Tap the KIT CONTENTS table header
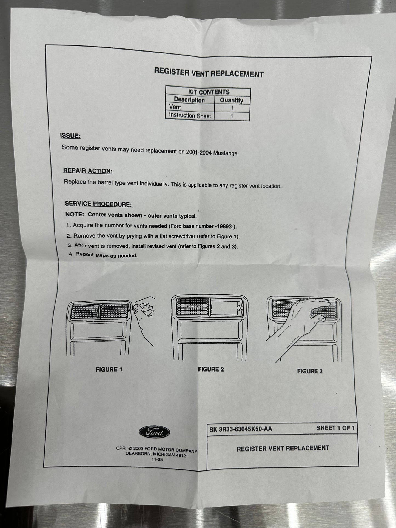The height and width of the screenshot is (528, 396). [x=209, y=92]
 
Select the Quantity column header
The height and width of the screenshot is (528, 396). [x=232, y=100]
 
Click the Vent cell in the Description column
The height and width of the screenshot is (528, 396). [x=175, y=107]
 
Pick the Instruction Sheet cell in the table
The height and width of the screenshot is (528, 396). [x=190, y=115]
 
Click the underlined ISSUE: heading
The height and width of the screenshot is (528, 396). [x=70, y=136]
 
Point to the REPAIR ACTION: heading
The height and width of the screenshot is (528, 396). [x=88, y=171]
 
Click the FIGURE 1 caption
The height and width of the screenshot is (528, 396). [x=109, y=369]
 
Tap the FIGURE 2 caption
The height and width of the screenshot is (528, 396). [x=211, y=369]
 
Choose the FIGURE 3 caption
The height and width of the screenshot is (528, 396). [x=310, y=371]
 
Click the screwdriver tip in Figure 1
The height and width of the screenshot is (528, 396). [x=133, y=310]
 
